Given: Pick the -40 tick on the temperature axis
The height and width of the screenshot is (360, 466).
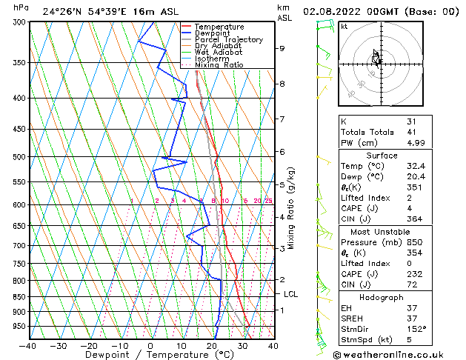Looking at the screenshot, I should click(28, 345).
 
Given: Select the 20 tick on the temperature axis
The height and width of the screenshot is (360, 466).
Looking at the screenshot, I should click(211, 345).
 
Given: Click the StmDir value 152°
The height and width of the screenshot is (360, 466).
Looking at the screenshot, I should click(416, 329).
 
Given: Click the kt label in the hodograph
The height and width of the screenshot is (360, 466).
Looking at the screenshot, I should click(344, 27).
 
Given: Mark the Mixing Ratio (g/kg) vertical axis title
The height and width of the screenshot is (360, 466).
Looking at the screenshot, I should click(291, 208).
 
